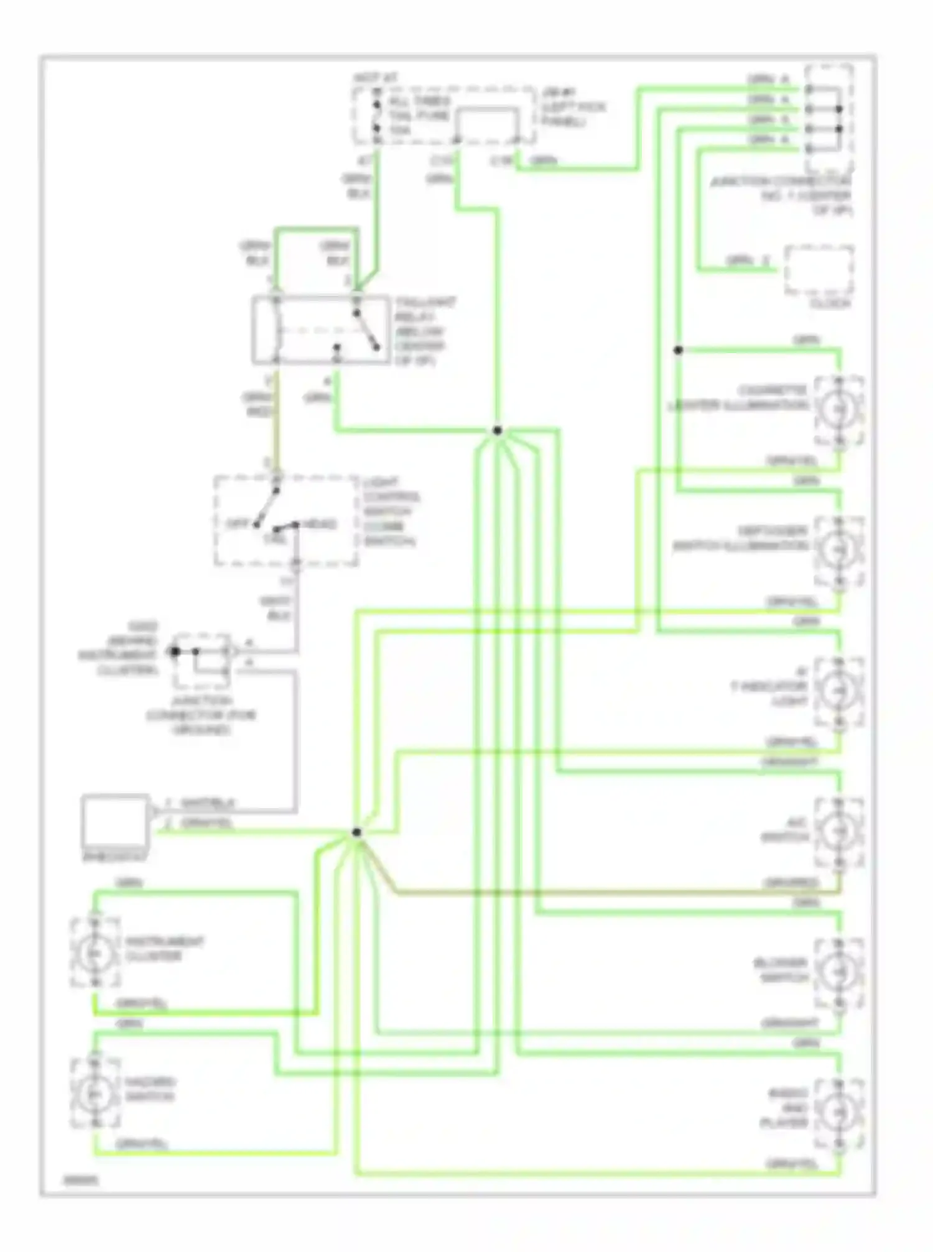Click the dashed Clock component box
(x=819, y=270)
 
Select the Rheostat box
(x=116, y=821)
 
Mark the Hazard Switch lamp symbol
(x=95, y=1093)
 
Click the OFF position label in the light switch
(x=237, y=524)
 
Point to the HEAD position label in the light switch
(x=322, y=524)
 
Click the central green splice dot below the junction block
(x=497, y=430)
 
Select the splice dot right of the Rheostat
(x=356, y=832)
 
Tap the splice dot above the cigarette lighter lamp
(x=678, y=350)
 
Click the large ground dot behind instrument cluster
(x=175, y=651)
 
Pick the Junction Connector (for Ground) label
(x=200, y=715)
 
